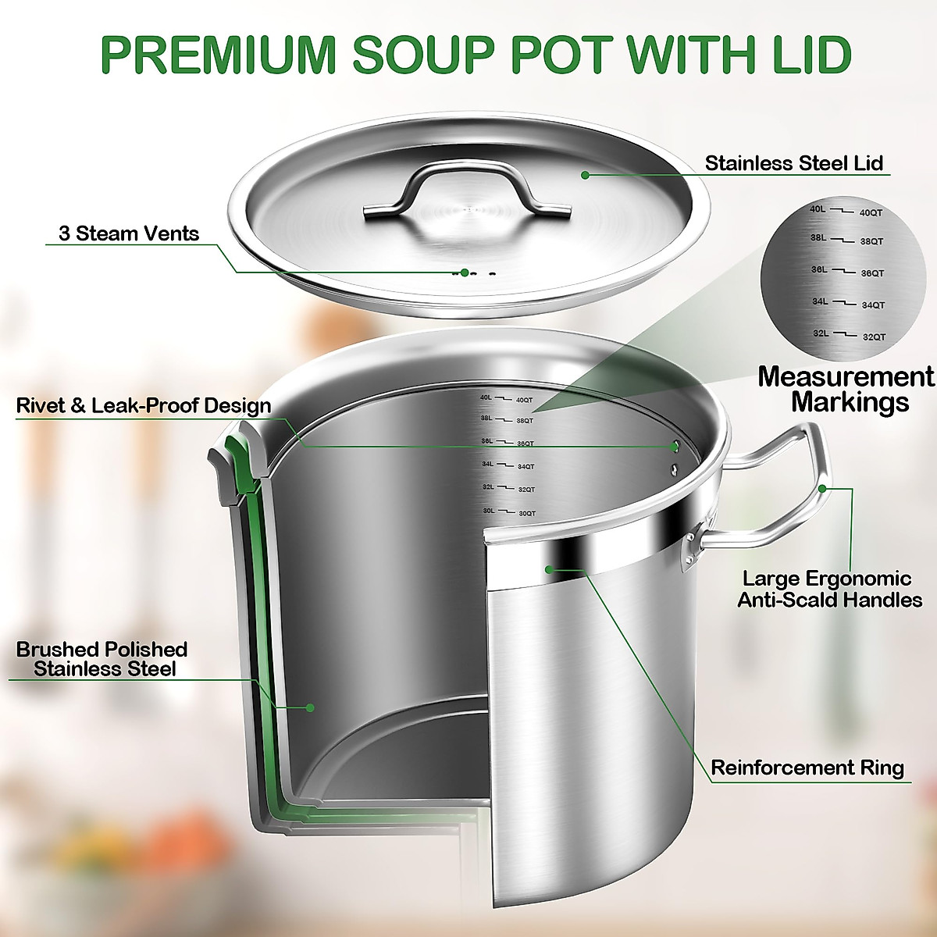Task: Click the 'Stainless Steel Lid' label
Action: point(793,163)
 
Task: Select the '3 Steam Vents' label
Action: point(129,233)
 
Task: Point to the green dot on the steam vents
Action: point(465,273)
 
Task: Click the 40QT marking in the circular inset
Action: point(870,212)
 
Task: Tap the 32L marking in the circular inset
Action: point(820,333)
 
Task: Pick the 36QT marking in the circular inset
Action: point(872,273)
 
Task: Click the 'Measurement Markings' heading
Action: point(846,389)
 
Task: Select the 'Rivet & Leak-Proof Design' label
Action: point(144,406)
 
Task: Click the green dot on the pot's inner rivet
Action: point(675,446)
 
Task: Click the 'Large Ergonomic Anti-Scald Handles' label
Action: point(830,590)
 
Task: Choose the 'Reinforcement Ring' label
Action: point(807,768)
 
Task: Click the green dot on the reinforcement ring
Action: point(550,568)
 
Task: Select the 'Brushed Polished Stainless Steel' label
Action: point(102,659)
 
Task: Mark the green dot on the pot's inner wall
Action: point(310,707)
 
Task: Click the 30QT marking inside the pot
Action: point(526,513)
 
